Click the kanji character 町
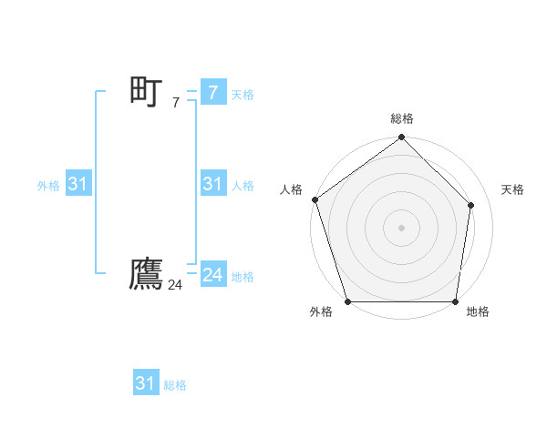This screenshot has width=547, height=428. pyautogui.click(x=146, y=91)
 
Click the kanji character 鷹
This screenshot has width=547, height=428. pyautogui.click(x=146, y=274)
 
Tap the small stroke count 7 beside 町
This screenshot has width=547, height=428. pyautogui.click(x=175, y=103)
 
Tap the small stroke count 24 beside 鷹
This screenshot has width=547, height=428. pyautogui.click(x=175, y=285)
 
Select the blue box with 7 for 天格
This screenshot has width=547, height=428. pyautogui.click(x=212, y=92)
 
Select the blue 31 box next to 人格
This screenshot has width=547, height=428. pyautogui.click(x=212, y=184)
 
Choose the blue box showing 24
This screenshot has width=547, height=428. pyautogui.click(x=212, y=275)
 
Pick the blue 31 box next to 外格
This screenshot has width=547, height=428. pyautogui.click(x=77, y=184)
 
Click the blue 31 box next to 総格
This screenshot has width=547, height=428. pyautogui.click(x=145, y=383)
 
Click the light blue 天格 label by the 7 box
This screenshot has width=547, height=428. pyautogui.click(x=243, y=94)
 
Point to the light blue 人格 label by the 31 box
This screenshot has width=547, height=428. pyautogui.click(x=243, y=186)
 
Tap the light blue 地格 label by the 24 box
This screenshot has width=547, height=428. pyautogui.click(x=243, y=277)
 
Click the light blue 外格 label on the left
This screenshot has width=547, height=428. pyautogui.click(x=48, y=186)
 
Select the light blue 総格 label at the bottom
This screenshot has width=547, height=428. pyautogui.click(x=175, y=385)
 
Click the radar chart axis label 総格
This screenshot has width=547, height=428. pyautogui.click(x=402, y=118)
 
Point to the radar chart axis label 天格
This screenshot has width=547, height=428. pyautogui.click(x=512, y=189)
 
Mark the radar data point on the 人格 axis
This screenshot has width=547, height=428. pyautogui.click(x=315, y=199)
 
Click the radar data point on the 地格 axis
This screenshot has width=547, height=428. pyautogui.click(x=455, y=301)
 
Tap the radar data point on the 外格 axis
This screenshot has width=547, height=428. pyautogui.click(x=348, y=301)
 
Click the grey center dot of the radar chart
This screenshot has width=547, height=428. pyautogui.click(x=401, y=227)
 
